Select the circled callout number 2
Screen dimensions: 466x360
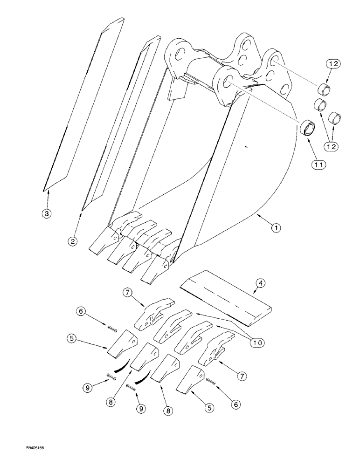click(x=72, y=241)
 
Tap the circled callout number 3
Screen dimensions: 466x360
click(x=46, y=214)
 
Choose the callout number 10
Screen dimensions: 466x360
click(x=257, y=343)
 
